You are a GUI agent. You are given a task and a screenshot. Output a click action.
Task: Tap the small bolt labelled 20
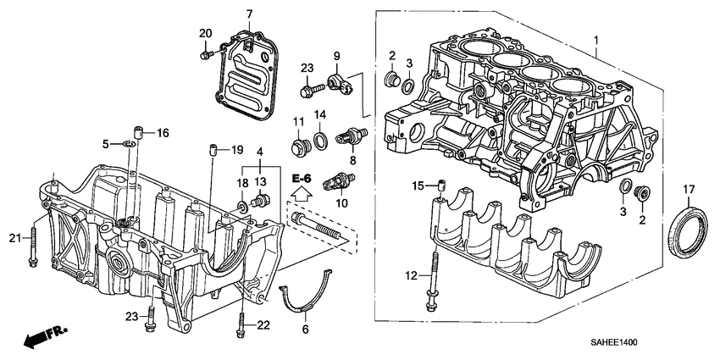click(207, 55)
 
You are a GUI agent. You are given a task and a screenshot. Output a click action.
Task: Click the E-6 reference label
click(302, 179)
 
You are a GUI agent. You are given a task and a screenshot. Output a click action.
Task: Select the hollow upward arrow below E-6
click(302, 196)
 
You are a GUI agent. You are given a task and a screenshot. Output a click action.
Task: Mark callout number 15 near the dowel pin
click(416, 186)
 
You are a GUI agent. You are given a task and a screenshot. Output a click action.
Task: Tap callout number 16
click(162, 132)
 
